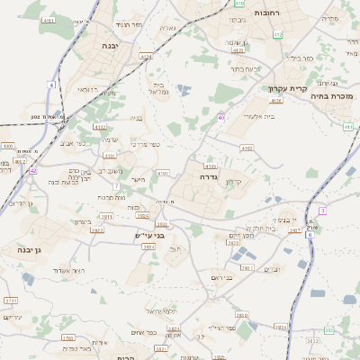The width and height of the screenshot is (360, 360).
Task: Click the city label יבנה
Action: click(111, 45)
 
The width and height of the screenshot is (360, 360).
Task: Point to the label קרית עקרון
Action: click(288, 89)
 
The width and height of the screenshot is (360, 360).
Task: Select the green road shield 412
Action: click(277, 34)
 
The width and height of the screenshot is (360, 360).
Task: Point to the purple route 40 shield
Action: click(220, 117)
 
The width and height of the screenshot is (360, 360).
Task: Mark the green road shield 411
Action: click(347, 127)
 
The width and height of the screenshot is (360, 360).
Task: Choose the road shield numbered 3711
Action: click(11, 300)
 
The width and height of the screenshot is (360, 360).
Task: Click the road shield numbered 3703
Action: click(67, 337)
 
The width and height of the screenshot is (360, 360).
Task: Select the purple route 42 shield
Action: click(32, 169)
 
